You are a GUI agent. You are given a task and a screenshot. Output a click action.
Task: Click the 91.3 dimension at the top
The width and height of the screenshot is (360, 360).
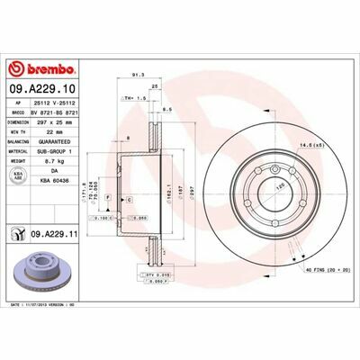click(x=139, y=76)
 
